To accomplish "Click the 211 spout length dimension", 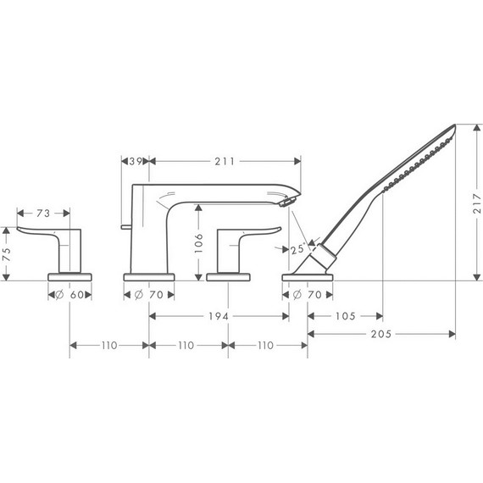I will point(225,161).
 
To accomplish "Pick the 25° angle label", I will point(296,250).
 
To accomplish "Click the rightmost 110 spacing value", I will point(266,346).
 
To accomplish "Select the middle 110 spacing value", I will point(187,346).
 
